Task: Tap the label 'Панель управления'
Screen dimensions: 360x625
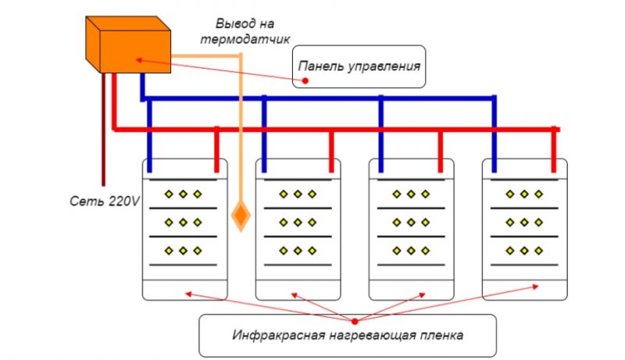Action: pos(360,68)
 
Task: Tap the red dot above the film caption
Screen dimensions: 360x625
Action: pos(355,320)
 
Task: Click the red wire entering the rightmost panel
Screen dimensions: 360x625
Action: pos(555,148)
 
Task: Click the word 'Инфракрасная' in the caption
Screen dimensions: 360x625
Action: pos(270,337)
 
